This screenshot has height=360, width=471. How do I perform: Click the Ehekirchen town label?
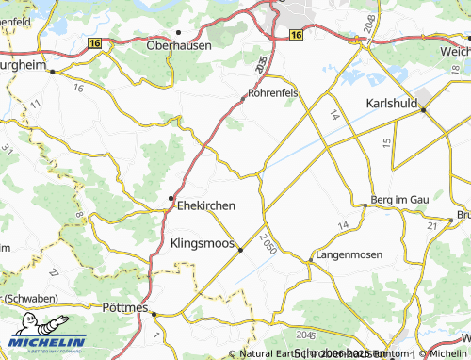(206, 205)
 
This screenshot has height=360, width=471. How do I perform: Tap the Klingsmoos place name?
(202, 243)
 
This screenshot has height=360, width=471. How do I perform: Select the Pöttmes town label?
(123, 307)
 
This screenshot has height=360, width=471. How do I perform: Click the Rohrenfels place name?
(274, 93)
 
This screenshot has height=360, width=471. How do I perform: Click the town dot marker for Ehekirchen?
(171, 197)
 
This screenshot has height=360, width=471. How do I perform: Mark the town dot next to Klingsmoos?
(240, 250)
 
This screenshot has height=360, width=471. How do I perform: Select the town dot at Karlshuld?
(423, 110)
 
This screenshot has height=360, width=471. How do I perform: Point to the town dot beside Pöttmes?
(155, 314)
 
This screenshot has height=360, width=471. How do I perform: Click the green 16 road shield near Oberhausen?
(94, 42)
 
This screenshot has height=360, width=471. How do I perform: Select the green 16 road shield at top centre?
(296, 35)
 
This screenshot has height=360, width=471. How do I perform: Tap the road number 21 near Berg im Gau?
(432, 226)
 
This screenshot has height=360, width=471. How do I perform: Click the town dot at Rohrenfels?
(244, 93)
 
